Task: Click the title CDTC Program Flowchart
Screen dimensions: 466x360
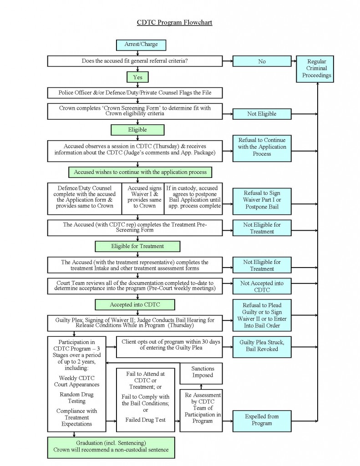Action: [x=175, y=22]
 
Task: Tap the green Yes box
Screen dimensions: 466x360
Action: [x=137, y=77]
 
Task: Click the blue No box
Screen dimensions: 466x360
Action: [x=262, y=61]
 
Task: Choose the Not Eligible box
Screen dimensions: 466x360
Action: [x=262, y=114]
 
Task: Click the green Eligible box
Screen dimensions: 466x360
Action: [x=137, y=130]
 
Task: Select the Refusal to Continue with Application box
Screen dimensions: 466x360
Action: [x=262, y=147]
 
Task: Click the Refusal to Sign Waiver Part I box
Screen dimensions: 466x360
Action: [x=262, y=200]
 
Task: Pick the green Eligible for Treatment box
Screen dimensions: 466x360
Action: [x=137, y=246]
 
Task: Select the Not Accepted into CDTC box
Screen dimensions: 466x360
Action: [x=262, y=287]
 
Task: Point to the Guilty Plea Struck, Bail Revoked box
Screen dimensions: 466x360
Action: [x=262, y=346]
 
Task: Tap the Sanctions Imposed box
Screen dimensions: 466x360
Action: [x=203, y=372]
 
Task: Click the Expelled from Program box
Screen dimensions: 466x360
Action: [x=262, y=420]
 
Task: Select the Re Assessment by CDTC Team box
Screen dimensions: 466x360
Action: [x=203, y=410]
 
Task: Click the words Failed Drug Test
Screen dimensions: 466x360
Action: [x=145, y=420]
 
